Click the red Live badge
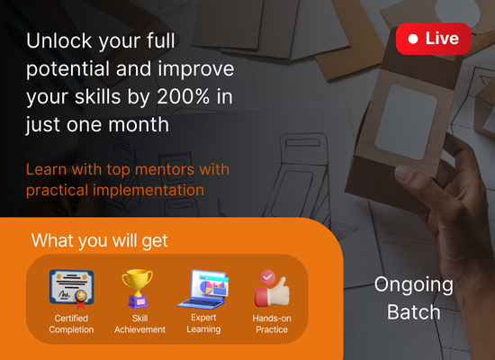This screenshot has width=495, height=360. (434, 39)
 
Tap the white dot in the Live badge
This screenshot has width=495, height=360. (413, 39)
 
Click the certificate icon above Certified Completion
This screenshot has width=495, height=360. (72, 289)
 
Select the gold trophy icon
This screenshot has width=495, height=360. (138, 288)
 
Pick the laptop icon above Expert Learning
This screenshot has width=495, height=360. (203, 289)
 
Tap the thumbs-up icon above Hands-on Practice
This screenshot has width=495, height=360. (272, 288)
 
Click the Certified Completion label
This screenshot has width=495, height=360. (71, 324)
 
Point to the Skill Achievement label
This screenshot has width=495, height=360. (139, 324)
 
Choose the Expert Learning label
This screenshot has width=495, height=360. (203, 323)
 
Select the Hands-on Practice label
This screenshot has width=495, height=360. (272, 324)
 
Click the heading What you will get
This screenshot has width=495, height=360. (99, 241)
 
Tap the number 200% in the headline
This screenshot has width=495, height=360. (183, 96)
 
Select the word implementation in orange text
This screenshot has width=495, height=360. (148, 191)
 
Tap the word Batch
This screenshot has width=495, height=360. (414, 312)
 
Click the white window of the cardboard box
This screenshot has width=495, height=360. (406, 122)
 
